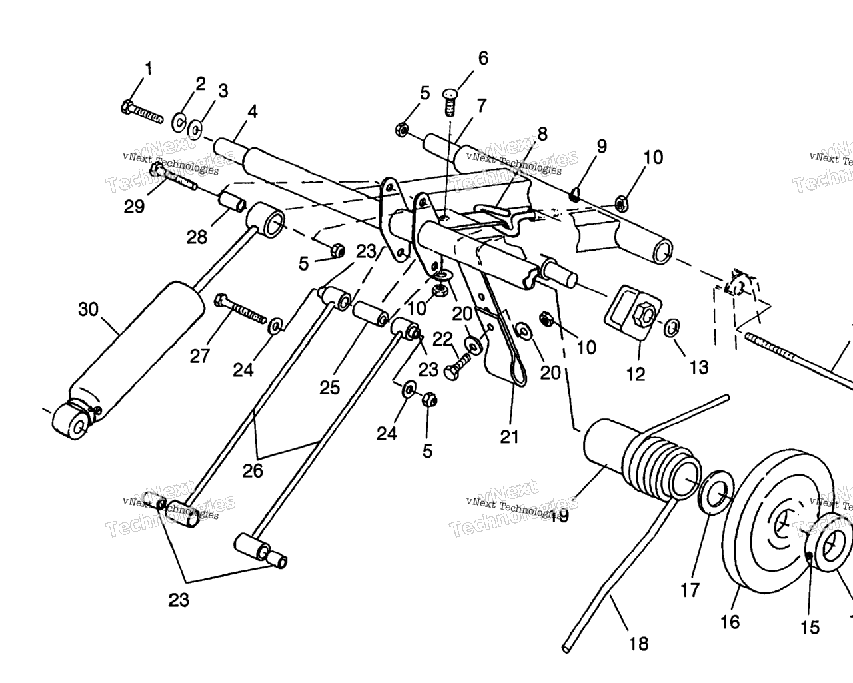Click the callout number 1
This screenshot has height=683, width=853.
(x=148, y=68)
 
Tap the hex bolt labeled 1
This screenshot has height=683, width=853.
(x=142, y=111)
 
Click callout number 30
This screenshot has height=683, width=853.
(x=88, y=309)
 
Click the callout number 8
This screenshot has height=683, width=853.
(x=542, y=133)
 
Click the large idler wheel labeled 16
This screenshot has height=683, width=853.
(x=766, y=527)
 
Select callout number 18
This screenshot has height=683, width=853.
(x=638, y=644)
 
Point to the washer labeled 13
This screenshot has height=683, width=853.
(x=672, y=327)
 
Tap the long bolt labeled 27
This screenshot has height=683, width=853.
(x=241, y=310)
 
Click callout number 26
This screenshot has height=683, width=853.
(x=253, y=471)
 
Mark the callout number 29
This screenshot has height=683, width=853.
(x=134, y=207)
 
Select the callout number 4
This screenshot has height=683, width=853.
(x=252, y=111)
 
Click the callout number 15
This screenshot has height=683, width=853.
(x=810, y=628)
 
